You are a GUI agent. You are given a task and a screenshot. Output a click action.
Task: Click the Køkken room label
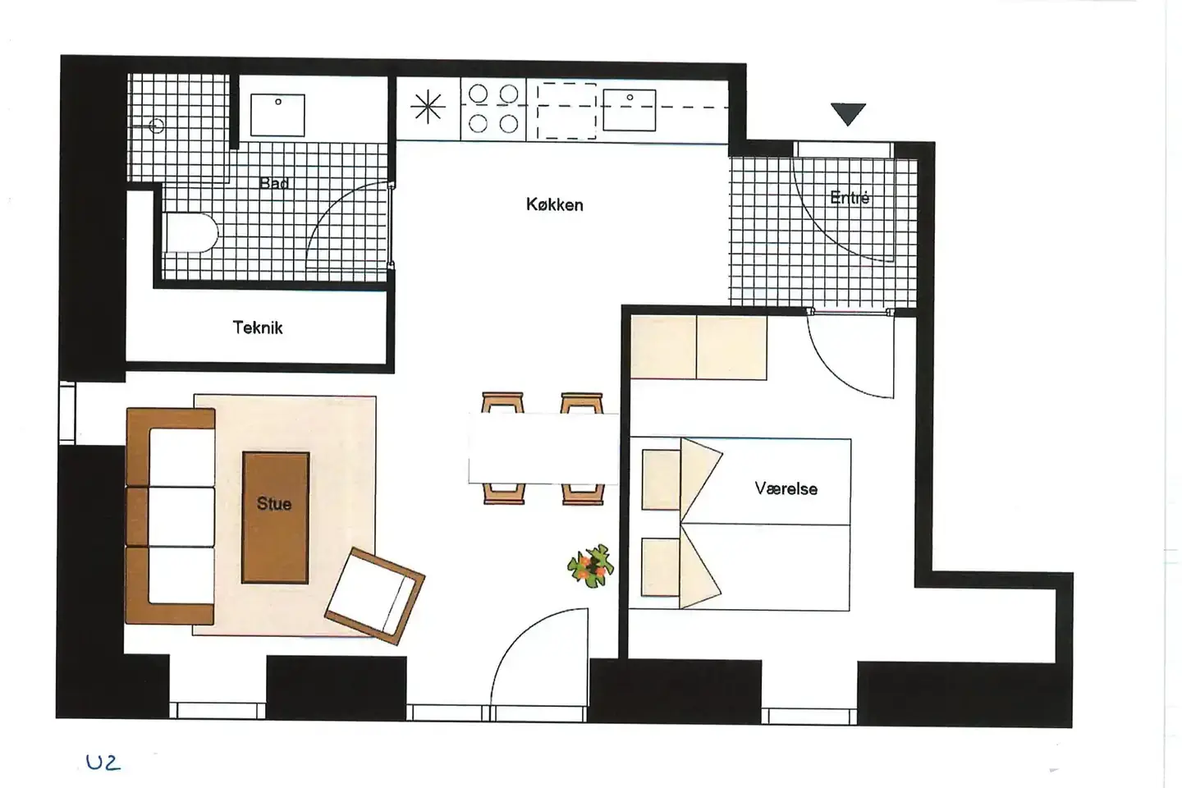point(555,204)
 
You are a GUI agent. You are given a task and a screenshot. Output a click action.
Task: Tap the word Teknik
point(258,328)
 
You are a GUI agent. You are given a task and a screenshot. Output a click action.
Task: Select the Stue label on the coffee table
point(274,503)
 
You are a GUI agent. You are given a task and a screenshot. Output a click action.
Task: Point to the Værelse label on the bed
point(786,488)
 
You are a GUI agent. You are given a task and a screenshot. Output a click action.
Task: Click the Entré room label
point(850,198)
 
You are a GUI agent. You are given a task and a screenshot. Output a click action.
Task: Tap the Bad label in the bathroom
point(274,184)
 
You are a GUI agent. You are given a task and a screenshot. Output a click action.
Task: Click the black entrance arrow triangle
point(849,114)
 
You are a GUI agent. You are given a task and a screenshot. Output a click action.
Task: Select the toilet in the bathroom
point(190,233)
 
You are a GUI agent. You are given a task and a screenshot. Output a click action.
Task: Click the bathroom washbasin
point(277,115)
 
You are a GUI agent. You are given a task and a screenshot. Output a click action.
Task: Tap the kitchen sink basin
point(630,110)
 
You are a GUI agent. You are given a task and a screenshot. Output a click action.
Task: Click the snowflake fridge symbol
point(428,108)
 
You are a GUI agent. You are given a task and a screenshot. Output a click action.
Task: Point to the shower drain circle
point(156,126)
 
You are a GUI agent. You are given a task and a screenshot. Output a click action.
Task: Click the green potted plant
point(591,566)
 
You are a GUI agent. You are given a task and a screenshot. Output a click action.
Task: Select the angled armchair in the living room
point(374,596)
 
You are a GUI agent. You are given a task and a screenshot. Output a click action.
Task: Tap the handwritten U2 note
point(103,763)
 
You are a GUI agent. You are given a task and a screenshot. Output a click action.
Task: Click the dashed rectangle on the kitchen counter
point(566,111)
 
